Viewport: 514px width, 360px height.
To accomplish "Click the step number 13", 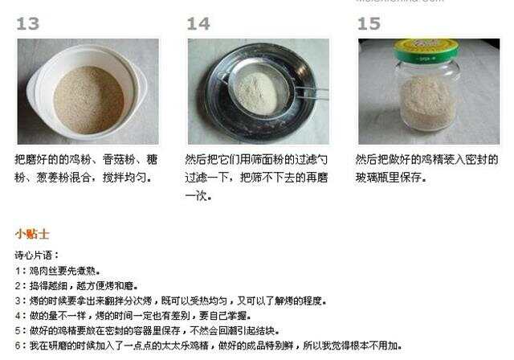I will tap(27, 24).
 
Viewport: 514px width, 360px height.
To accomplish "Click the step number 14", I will tap(198, 24).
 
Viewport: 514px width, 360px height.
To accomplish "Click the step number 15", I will tap(369, 24).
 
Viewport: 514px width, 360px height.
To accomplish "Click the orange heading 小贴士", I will tap(32, 234).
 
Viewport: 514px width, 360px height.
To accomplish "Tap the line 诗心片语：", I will tap(37, 255).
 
